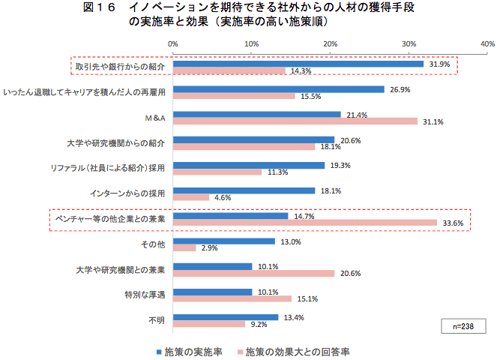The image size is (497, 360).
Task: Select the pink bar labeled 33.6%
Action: tap(305, 223)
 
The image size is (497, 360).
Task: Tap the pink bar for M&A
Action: tap(295, 121)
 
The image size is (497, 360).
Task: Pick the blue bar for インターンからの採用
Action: tap(244, 190)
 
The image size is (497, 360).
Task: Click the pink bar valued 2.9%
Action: tap(184, 247)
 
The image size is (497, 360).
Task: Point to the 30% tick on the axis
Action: tap(409, 44)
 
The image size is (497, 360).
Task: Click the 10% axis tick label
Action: tap(252, 44)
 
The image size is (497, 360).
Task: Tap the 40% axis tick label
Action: tap(487, 44)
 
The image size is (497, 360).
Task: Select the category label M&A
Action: tap(154, 118)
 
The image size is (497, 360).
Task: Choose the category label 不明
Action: tap(157, 320)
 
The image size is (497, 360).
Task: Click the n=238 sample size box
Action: tap(463, 326)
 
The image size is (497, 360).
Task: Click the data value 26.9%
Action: tap(400, 89)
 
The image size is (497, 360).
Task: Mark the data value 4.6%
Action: tap(222, 198)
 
